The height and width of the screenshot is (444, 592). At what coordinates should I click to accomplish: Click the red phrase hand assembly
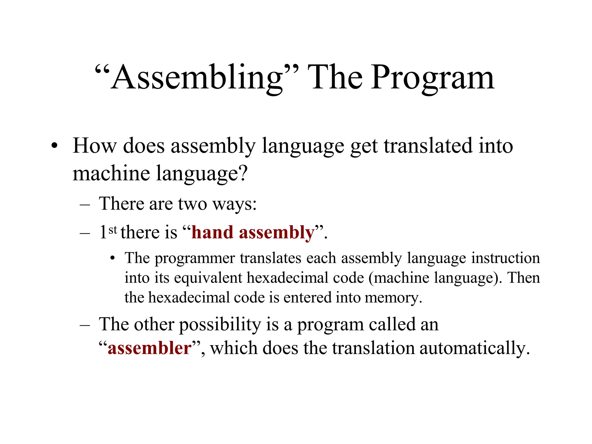[253, 232]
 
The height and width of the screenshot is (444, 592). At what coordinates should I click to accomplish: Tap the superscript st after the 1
[113, 230]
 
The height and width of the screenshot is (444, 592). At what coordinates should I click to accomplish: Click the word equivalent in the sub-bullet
[208, 278]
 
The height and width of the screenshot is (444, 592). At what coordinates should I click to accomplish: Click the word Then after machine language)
[523, 278]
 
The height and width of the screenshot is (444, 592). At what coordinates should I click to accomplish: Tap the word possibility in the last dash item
[220, 324]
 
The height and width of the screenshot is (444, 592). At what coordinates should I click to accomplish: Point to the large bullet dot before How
[54, 146]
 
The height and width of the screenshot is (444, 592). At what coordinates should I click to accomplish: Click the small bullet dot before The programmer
[113, 258]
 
